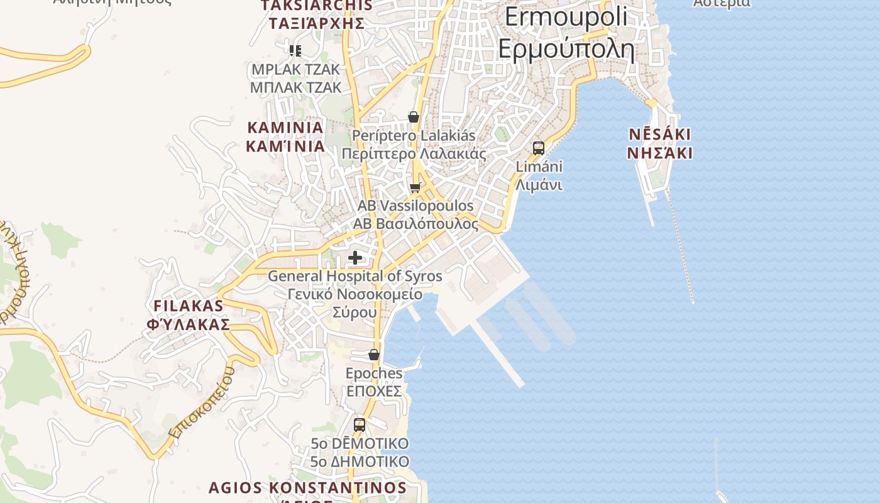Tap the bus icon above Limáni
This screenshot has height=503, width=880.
tap(539, 148)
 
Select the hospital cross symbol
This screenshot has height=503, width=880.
tap(355, 258)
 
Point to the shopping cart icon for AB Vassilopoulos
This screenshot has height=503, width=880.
tap(415, 187)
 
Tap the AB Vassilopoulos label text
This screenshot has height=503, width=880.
tap(415, 214)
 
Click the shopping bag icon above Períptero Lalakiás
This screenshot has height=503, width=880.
tap(414, 117)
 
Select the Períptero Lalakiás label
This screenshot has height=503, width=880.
tap(414, 145)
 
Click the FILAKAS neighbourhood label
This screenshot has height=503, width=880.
tap(189, 315)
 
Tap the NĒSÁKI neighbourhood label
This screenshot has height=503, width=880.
tap(660, 143)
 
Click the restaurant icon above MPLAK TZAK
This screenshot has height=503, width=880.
tap(295, 51)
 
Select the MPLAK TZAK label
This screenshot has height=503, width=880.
tap(295, 78)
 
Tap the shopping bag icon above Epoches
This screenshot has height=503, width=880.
tap(374, 355)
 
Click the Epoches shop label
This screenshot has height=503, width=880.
tap(374, 382)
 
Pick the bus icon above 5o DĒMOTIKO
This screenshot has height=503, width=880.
tap(360, 424)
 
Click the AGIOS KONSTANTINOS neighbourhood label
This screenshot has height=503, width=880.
tap(307, 488)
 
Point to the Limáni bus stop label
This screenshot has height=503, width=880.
tap(539, 176)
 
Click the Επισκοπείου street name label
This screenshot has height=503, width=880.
tap(202, 402)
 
